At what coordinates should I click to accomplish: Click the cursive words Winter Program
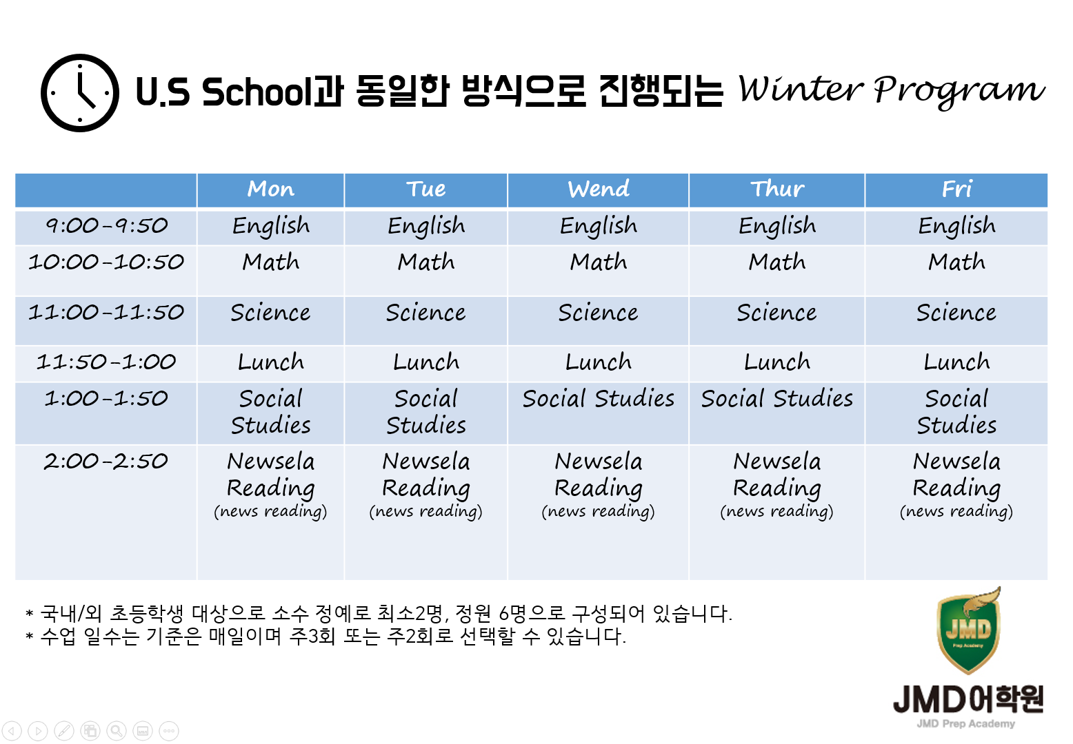(x=891, y=90)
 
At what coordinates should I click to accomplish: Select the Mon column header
(x=270, y=189)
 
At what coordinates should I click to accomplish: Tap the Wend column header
(x=599, y=189)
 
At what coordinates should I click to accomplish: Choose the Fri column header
(x=956, y=189)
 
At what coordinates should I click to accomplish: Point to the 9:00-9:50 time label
(x=106, y=226)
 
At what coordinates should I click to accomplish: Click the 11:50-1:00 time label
(x=106, y=362)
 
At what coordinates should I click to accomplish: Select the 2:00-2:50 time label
(x=106, y=462)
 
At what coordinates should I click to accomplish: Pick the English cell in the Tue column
(x=426, y=227)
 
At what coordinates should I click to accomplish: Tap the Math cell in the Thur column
(x=777, y=262)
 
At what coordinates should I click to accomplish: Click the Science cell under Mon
(x=270, y=313)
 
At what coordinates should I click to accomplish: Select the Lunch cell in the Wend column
(x=599, y=362)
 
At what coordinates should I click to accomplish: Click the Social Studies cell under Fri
(x=956, y=412)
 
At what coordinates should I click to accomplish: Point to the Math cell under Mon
(x=270, y=262)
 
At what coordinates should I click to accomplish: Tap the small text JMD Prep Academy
(x=965, y=724)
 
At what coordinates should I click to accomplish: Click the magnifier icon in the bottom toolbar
(x=117, y=731)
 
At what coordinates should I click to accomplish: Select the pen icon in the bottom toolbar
(x=64, y=731)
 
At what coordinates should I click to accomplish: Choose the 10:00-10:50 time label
(x=106, y=262)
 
